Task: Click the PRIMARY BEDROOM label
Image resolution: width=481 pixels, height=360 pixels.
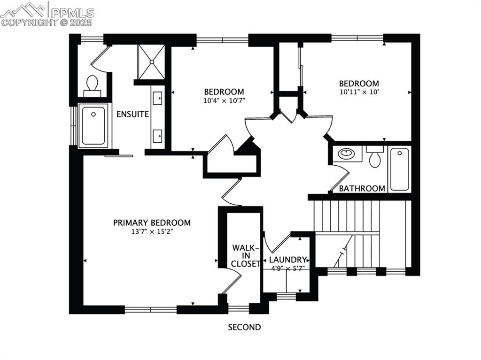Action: click(x=152, y=222)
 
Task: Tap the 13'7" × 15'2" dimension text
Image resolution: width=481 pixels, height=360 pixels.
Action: click(x=152, y=231)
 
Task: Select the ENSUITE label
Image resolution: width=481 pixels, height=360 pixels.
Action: click(x=132, y=114)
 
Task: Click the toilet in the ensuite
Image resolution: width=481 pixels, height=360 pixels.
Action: click(x=92, y=84)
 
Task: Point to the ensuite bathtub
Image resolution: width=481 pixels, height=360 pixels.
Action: click(x=93, y=125)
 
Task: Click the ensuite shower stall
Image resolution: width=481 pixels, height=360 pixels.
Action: click(x=151, y=61)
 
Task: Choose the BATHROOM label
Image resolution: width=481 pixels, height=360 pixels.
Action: click(x=362, y=188)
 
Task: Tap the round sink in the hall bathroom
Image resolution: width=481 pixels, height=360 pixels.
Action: click(x=347, y=153)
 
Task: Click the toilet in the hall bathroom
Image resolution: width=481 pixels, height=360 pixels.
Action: click(x=375, y=158)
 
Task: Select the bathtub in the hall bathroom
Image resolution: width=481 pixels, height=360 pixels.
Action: click(x=399, y=169)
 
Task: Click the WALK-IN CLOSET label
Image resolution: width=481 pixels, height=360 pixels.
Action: click(x=246, y=256)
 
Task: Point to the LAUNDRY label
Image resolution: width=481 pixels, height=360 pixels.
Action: click(x=287, y=260)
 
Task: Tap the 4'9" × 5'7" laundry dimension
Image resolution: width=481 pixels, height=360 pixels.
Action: click(x=288, y=268)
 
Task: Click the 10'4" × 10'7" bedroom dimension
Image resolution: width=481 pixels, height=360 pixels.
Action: click(x=224, y=100)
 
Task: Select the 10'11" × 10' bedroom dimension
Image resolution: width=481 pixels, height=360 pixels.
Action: click(x=359, y=92)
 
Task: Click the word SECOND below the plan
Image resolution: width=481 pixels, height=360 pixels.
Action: click(x=244, y=327)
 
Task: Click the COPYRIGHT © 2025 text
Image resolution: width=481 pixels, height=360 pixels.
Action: click(x=47, y=22)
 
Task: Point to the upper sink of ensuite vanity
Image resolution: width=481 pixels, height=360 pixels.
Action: click(x=158, y=99)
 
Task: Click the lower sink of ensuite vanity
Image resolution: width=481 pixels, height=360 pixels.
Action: click(x=158, y=136)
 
